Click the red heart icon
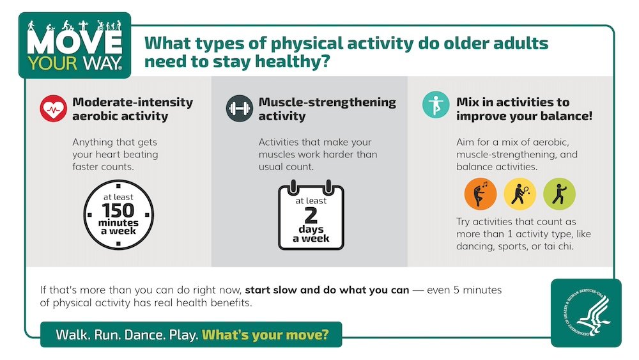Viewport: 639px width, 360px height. [54, 109]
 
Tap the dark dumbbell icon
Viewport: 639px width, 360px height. [239, 109]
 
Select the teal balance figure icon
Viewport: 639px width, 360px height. [436, 105]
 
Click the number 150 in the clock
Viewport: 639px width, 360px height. [118, 210]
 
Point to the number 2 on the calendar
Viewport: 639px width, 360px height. [311, 215]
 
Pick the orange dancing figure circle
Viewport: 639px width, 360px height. [481, 194]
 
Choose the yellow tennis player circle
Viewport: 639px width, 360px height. [520, 194]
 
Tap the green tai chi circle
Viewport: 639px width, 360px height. [559, 194]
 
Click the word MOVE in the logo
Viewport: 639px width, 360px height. [75, 42]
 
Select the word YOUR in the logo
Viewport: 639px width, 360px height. [52, 63]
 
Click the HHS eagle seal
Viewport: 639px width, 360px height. [587, 313]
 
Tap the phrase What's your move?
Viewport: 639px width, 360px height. [265, 334]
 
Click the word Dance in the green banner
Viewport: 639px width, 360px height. [145, 334]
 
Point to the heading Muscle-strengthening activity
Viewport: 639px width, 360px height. [327, 109]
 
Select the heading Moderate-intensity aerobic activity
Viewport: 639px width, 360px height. [133, 109]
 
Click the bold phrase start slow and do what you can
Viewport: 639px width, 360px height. [327, 290]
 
